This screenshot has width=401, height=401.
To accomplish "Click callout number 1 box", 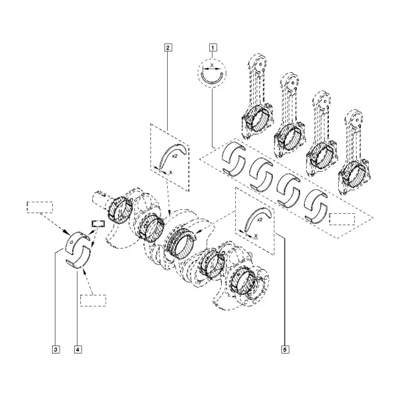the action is tap(213, 47).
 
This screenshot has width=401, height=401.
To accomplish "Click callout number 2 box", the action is tap(168, 47).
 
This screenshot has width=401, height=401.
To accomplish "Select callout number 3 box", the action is tap(55, 350).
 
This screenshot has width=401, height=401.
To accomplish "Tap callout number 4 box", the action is tap(78, 350).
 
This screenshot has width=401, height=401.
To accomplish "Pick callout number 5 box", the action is tap(285, 350).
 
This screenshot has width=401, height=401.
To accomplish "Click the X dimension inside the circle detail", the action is tap(212, 65).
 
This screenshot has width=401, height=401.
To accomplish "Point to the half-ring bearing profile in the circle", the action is tap(212, 81).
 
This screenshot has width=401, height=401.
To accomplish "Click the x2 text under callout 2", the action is tap(175, 156).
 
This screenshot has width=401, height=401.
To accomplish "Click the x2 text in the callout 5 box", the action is tap(259, 220).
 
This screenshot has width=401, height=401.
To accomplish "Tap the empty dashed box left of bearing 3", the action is tap(40, 207).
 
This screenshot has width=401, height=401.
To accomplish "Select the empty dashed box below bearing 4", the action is tap(93, 301).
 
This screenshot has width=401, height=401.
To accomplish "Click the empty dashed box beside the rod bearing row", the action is tap(342, 219).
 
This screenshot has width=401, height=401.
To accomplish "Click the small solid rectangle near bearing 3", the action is tap(98, 224).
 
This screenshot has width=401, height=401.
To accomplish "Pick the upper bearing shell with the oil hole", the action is tap(77, 241).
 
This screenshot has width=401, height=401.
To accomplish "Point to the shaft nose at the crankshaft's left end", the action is tap(100, 198).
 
